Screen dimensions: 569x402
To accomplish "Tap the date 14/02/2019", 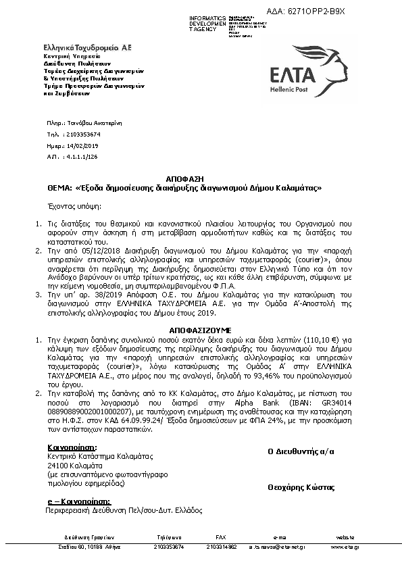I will click(82, 145).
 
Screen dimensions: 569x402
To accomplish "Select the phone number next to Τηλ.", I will click(84, 134).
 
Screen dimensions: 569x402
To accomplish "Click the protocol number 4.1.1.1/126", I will click(82, 156).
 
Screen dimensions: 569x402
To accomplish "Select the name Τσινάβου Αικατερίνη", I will click(97, 124).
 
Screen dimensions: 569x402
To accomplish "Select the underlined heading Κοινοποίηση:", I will click(72, 447).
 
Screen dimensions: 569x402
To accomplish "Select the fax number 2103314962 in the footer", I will click(222, 546).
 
